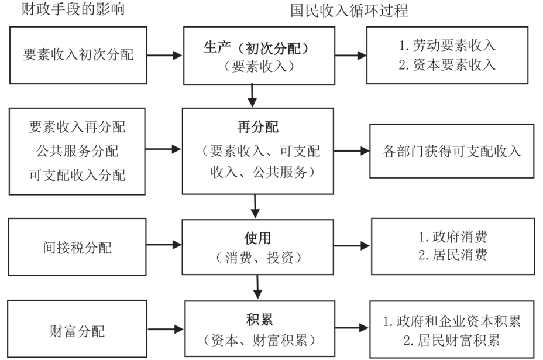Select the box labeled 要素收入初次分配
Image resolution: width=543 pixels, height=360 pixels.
[78, 55]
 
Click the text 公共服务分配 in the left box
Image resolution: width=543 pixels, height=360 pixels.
[77, 151]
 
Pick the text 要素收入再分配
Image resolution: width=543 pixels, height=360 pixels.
[77, 127]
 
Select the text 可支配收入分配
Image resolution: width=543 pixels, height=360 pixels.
[77, 175]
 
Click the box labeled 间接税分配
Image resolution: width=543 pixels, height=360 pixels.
[77, 248]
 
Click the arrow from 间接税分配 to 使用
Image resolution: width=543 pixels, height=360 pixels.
[165, 248]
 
